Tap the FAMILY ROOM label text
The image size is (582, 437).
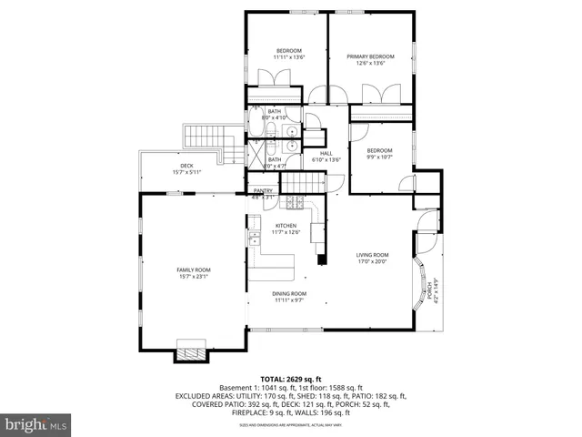(193, 269)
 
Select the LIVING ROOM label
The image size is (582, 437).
(371, 255)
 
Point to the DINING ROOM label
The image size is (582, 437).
(289, 293)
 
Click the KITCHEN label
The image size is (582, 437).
(286, 225)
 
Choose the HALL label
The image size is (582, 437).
(325, 152)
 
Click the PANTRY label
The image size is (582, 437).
(263, 190)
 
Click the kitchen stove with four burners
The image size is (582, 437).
(297, 203)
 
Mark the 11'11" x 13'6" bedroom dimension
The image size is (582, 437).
(289, 57)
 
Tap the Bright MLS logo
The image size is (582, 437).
(36, 423)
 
